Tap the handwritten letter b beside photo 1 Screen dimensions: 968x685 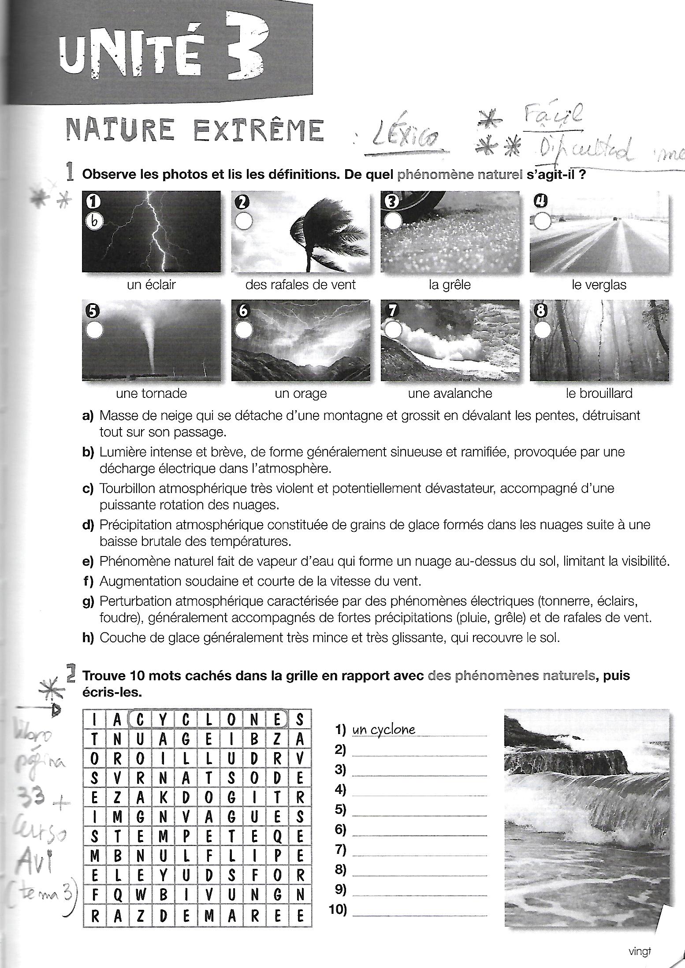click(93, 223)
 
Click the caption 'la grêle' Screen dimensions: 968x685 click(450, 285)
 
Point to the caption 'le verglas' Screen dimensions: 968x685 click(599, 285)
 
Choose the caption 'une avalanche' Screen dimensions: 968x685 click(450, 393)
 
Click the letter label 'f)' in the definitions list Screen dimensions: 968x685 click(88, 582)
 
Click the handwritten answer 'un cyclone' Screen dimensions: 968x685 click(383, 730)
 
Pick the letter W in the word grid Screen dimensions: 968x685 click(140, 895)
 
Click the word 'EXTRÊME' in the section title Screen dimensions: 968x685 click(259, 130)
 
